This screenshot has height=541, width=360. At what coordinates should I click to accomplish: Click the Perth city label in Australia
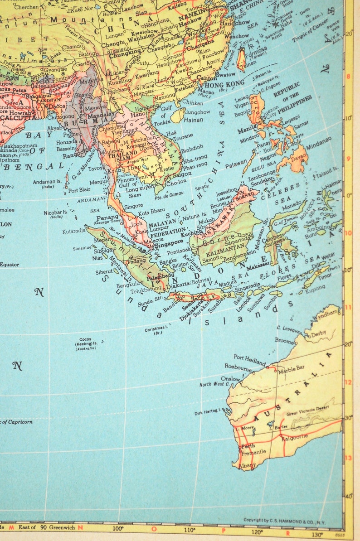click(248, 446)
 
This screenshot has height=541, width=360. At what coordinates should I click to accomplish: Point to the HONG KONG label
click(225, 83)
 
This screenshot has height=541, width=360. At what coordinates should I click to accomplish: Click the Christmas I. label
click(154, 329)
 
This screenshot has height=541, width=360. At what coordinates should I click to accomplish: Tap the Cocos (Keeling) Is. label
click(85, 343)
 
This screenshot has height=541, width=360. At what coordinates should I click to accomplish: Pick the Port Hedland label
click(249, 361)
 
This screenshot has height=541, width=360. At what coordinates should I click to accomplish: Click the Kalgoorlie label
click(295, 437)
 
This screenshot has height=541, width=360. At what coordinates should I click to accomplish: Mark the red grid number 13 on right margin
click(349, 458)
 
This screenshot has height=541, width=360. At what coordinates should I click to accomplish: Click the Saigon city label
click(181, 174)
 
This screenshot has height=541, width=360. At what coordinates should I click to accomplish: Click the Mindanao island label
click(318, 146)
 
